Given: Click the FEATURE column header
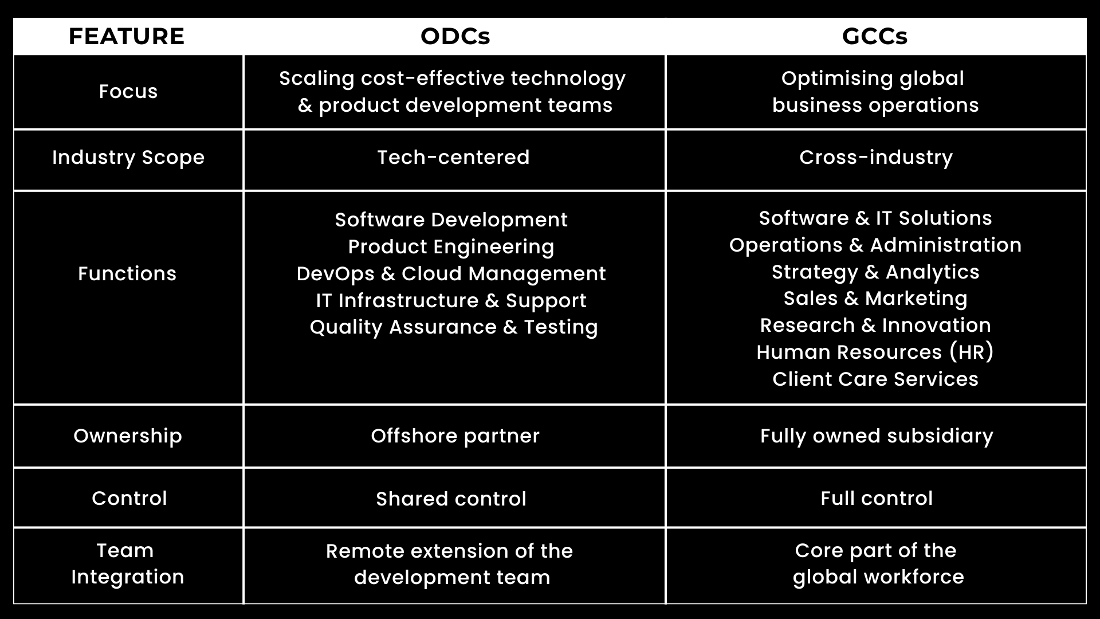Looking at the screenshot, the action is [127, 36].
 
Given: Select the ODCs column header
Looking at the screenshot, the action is [455, 36].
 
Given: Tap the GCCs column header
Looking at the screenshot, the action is [875, 36].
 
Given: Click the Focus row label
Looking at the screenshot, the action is [128, 92].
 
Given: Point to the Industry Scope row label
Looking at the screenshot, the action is [128, 158].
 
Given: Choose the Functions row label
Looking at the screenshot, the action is [127, 273].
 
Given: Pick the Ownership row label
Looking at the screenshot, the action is [128, 436].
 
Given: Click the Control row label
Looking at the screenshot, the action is [129, 498].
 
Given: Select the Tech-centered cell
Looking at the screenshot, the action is [454, 157].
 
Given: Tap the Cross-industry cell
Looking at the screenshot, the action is [876, 158].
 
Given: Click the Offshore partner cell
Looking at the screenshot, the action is [455, 436].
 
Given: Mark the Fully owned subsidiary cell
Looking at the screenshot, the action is [877, 436].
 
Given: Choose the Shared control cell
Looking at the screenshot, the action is [451, 499].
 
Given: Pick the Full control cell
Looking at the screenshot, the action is [877, 498].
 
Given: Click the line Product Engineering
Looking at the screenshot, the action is [451, 247].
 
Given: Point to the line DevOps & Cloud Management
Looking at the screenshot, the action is [451, 274].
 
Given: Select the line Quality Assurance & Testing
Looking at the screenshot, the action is [454, 327].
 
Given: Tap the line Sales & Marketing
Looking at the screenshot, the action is [875, 299].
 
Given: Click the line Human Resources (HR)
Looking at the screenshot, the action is [875, 352].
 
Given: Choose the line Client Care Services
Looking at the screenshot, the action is [875, 379].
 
